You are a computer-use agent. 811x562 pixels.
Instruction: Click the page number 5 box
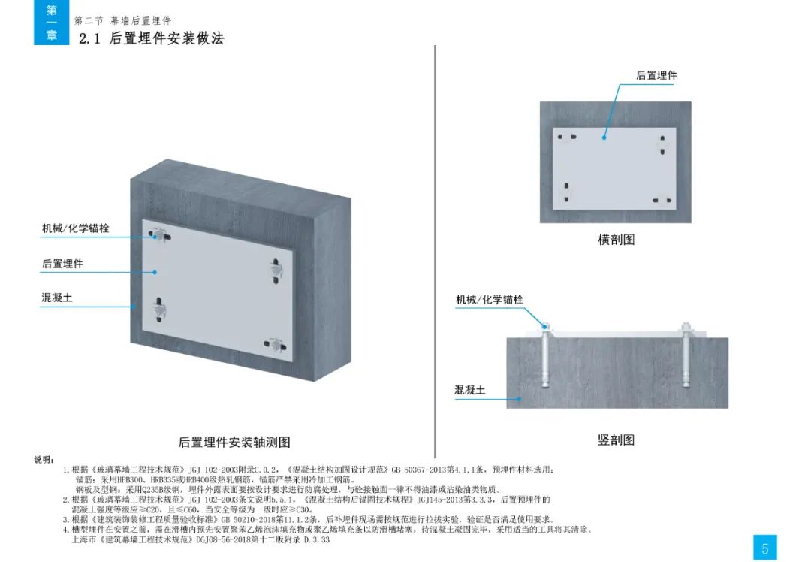(x=765, y=548)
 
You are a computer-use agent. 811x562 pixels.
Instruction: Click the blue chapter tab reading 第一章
(x=51, y=23)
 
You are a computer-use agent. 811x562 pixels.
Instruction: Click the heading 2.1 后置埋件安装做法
(x=151, y=38)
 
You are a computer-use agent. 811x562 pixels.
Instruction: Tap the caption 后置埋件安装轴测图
(x=234, y=442)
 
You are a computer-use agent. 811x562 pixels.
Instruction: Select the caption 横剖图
(x=616, y=240)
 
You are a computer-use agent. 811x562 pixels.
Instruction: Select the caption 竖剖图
(x=616, y=440)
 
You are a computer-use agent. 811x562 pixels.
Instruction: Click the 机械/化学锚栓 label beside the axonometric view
(x=76, y=228)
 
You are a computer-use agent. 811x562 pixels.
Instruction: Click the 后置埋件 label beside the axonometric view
(x=62, y=264)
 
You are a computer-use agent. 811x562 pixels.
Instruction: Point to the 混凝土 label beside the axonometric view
(x=57, y=298)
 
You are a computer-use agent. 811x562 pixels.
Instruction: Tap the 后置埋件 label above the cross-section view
(x=656, y=75)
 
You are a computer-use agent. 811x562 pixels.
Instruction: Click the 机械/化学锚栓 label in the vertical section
(x=490, y=299)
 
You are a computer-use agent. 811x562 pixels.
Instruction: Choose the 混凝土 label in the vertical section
(x=469, y=390)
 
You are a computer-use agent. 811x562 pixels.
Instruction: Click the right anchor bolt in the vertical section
(x=686, y=355)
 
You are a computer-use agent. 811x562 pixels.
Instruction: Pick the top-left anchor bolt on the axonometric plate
(x=161, y=235)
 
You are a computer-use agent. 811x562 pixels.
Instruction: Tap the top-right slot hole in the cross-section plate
(x=662, y=145)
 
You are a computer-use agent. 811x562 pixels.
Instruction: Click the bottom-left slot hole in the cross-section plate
(x=566, y=192)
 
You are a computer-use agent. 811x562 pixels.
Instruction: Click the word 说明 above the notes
(x=44, y=460)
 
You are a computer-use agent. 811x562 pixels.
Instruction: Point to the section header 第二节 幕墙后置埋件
(x=122, y=21)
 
